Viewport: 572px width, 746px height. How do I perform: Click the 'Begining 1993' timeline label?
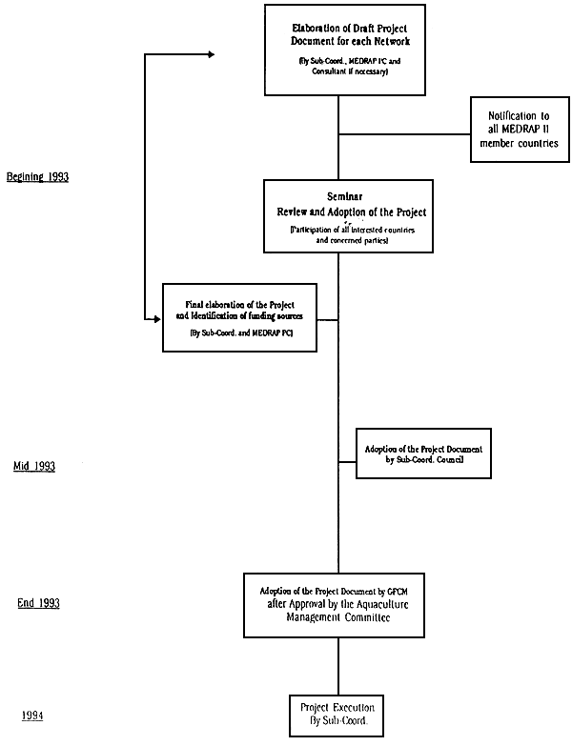tap(37, 177)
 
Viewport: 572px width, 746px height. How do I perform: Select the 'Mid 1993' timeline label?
tap(34, 467)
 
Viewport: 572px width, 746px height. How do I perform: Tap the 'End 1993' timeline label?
tap(37, 604)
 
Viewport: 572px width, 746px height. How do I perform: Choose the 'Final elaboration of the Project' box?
tap(239, 317)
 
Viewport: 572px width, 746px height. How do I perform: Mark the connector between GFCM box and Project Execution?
tap(338, 666)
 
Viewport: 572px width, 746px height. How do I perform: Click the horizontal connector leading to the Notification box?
tap(405, 133)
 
